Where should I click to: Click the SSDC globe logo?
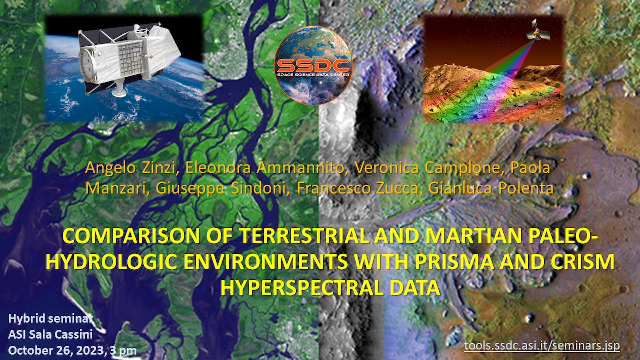point(313,66)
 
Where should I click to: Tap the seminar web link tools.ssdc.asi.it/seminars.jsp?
point(542,345)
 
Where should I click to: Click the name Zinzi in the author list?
point(159,167)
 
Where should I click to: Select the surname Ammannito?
point(300,167)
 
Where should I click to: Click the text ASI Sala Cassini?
point(50,334)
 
